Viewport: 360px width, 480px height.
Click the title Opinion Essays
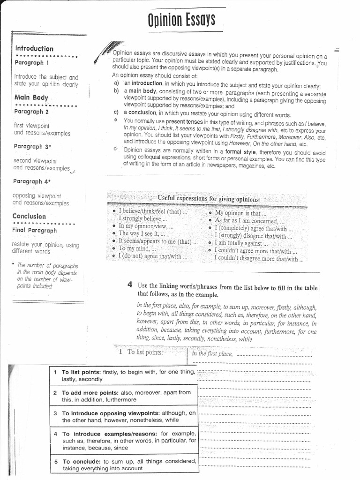(x=181, y=20)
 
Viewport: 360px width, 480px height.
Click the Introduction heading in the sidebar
(x=34, y=48)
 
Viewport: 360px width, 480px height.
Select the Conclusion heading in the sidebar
(x=29, y=216)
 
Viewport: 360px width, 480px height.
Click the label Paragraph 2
(x=31, y=112)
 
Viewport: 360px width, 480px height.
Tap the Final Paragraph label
(x=35, y=230)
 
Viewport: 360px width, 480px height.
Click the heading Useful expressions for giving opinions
(x=208, y=199)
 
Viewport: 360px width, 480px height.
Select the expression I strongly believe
(x=140, y=218)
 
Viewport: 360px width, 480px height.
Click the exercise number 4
(x=130, y=285)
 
